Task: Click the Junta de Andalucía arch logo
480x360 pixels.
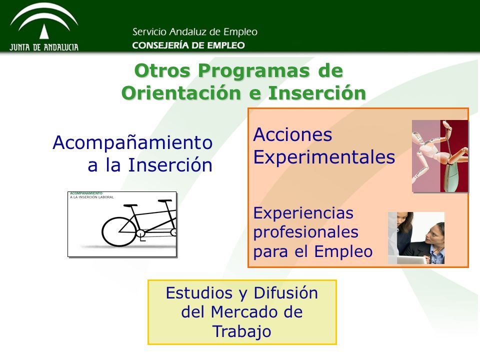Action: (x=44, y=27)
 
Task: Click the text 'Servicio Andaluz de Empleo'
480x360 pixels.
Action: (x=195, y=32)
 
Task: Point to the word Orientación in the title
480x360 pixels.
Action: (x=181, y=93)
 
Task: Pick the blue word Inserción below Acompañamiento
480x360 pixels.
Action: (x=170, y=165)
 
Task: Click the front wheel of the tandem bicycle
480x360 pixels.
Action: (x=119, y=231)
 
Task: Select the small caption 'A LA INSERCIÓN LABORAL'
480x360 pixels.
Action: (x=92, y=197)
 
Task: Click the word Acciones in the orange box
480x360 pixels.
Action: (x=292, y=134)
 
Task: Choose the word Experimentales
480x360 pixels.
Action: (x=324, y=157)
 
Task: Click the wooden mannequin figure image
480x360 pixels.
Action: (x=440, y=156)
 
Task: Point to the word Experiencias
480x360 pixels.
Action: (x=303, y=213)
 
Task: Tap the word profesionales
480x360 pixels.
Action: (x=306, y=232)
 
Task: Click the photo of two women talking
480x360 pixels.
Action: (x=416, y=238)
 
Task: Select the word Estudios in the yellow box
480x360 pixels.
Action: (x=199, y=292)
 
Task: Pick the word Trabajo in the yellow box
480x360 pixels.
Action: (x=242, y=332)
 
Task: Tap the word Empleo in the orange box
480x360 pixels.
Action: (x=343, y=252)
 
